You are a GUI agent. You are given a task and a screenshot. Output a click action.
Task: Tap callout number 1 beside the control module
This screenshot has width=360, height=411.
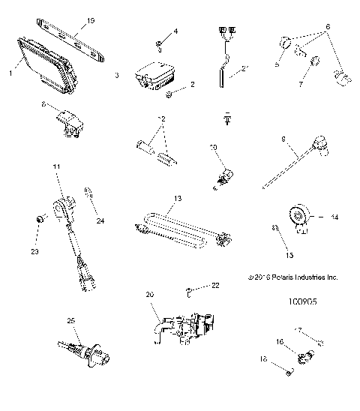pos(10,73)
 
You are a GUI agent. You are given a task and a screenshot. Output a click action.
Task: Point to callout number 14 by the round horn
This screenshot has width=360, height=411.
pos(334,217)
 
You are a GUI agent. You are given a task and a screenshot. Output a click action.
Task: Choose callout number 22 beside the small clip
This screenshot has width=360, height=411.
pos(215,286)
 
